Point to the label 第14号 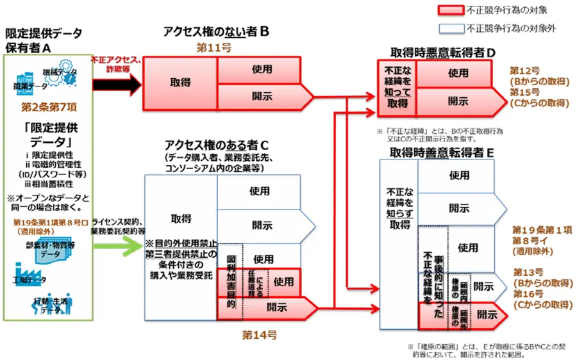tap(259, 334)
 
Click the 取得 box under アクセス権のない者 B tap(180, 83)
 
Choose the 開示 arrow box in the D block tap(459, 101)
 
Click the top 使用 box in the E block tap(458, 175)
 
